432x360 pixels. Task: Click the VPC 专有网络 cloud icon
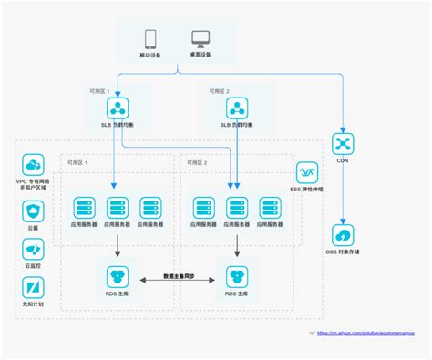pyautogui.click(x=34, y=166)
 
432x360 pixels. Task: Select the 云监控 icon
pyautogui.click(x=34, y=249)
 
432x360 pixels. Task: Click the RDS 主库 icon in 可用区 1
pyautogui.click(x=118, y=274)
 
